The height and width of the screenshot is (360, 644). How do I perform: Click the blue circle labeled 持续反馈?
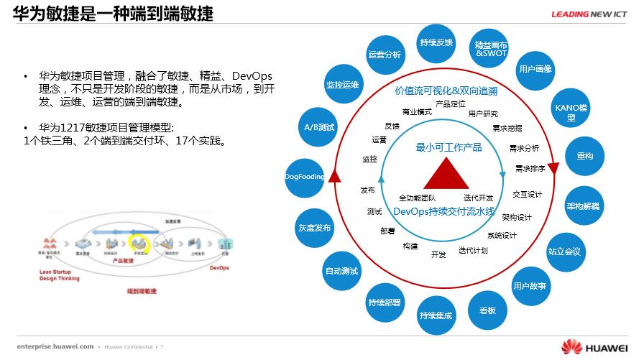436,42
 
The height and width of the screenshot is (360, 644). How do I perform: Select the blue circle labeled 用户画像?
535,69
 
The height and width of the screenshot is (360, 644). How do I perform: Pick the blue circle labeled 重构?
584,156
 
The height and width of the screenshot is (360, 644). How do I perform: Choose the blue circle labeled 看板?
482,310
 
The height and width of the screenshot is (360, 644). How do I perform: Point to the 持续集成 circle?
436,315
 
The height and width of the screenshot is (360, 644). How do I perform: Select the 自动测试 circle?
341,271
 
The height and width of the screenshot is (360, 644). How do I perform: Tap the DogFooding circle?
304,177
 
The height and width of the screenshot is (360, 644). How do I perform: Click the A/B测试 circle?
316,128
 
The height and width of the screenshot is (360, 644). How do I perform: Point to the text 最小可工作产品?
448,148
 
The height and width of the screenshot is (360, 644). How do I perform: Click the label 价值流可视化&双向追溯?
446,91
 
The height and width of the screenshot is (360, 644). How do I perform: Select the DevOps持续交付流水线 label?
443,211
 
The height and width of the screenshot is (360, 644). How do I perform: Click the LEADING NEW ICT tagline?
590,14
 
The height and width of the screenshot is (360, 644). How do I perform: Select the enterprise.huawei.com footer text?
55,346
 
